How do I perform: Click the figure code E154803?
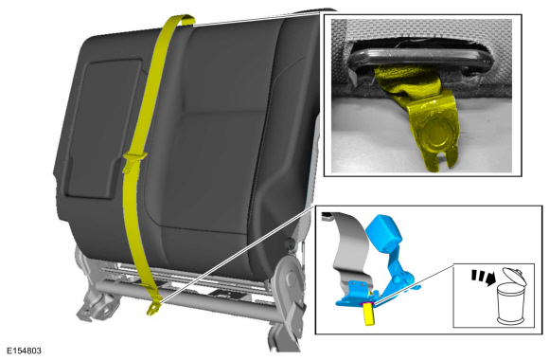click(x=24, y=351)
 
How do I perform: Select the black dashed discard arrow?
click(x=484, y=277)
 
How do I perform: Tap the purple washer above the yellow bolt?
click(x=367, y=302)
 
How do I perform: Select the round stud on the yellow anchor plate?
click(x=435, y=135)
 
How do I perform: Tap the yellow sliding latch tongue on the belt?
click(x=133, y=159)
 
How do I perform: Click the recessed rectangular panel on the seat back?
click(x=101, y=128)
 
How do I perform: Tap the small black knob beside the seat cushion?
click(x=290, y=243)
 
